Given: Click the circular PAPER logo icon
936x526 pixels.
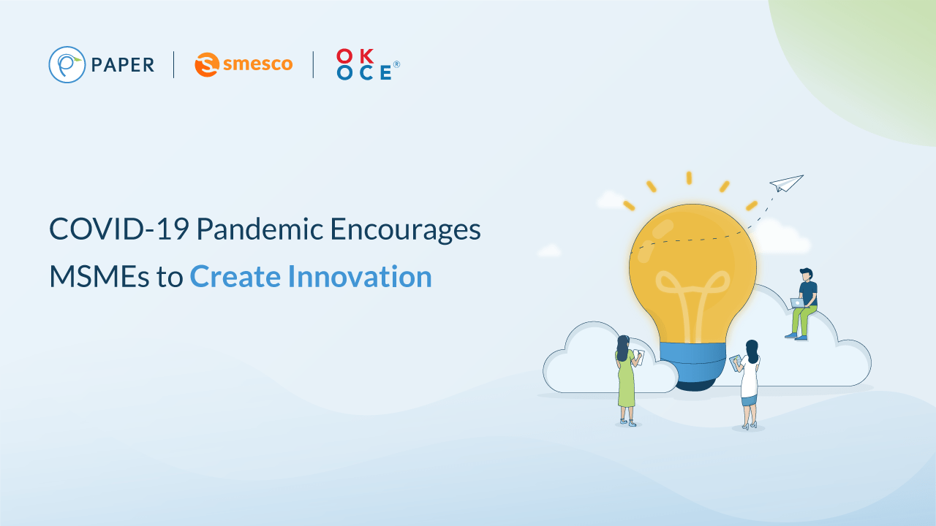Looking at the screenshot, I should (67, 64).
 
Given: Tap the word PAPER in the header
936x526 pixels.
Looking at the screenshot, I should (123, 65).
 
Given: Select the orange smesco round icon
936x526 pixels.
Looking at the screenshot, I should (207, 64).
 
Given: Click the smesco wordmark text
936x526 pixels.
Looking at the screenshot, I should (257, 64).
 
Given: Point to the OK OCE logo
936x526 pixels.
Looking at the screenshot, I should (364, 64).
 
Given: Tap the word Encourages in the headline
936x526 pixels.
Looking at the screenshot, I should (405, 229).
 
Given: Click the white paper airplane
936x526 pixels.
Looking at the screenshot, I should (786, 183).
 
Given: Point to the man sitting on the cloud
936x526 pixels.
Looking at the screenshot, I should (804, 303).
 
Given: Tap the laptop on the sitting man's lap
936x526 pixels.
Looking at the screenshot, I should (796, 302).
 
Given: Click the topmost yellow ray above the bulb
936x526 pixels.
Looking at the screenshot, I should (689, 178).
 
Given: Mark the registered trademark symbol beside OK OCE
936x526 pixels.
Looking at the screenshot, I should (396, 64).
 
